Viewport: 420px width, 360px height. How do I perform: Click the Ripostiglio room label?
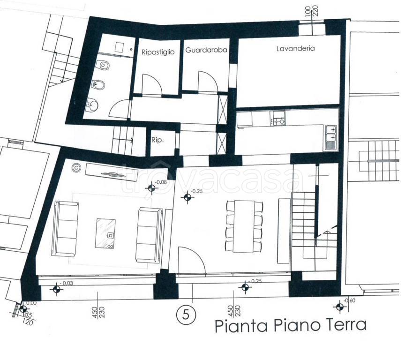[x=158, y=52]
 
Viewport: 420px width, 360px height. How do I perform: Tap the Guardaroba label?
[x=206, y=50]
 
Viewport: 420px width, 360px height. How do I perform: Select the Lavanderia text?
[x=295, y=48]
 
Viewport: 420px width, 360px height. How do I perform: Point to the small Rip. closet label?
[x=157, y=140]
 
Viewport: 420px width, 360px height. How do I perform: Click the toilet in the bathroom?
[x=103, y=65]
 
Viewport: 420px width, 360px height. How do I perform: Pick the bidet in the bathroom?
[x=98, y=85]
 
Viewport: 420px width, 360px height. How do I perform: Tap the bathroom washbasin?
[x=92, y=105]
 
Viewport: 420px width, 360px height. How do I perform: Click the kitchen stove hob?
[x=278, y=119]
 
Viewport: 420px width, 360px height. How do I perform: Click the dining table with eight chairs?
[x=244, y=226]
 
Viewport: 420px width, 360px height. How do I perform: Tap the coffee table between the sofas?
[x=105, y=233]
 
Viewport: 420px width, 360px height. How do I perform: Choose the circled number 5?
[x=186, y=315]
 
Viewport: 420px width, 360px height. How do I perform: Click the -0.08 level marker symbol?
[x=151, y=188]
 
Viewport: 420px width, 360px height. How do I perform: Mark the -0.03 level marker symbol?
[x=57, y=289]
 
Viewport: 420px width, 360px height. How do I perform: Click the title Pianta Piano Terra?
[x=291, y=325]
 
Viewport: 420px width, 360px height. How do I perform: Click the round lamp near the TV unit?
[x=76, y=168]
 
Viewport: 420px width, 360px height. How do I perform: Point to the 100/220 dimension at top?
[x=311, y=12]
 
